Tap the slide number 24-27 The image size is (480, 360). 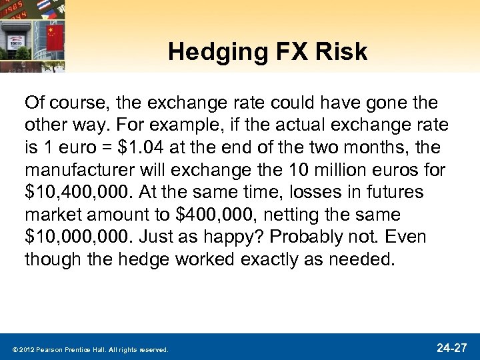[x=453, y=347]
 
